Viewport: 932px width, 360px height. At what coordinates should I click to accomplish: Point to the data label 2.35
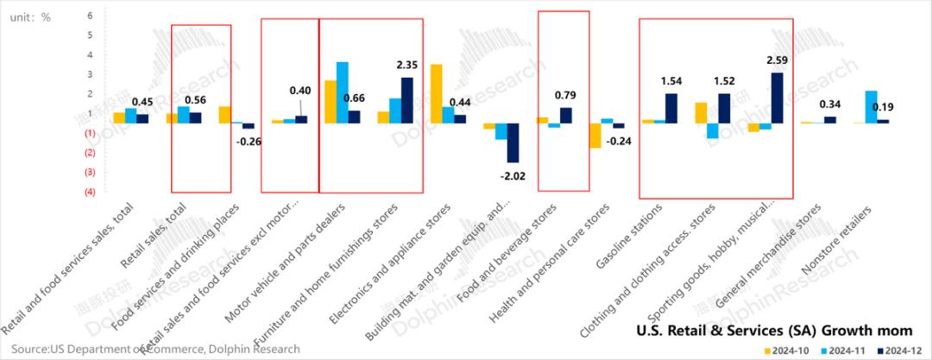click(x=406, y=64)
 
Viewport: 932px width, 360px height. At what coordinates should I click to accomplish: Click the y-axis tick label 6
click(x=91, y=16)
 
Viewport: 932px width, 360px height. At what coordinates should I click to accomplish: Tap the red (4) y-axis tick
click(x=90, y=192)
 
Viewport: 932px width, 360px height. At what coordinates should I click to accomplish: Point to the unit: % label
click(x=34, y=16)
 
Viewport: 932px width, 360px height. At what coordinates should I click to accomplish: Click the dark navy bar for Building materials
click(x=513, y=142)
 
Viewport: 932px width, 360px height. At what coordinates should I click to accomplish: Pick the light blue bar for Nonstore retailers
click(x=871, y=106)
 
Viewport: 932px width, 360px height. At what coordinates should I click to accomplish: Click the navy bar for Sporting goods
click(x=777, y=98)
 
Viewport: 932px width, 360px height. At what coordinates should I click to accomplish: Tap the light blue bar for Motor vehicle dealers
click(x=343, y=92)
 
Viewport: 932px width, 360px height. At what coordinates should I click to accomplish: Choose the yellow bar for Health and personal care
click(x=595, y=136)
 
